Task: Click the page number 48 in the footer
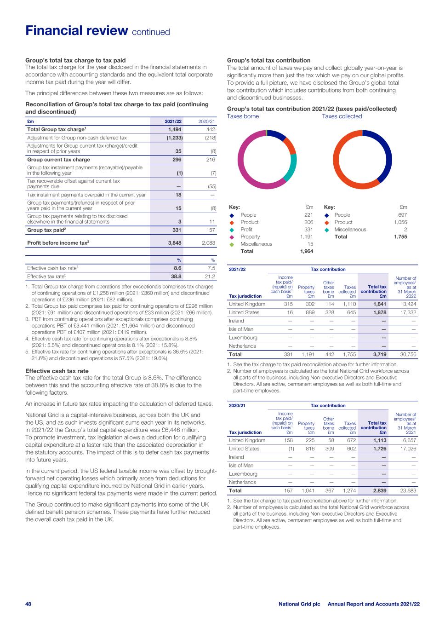[x=28, y=604]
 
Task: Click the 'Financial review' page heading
[x=76, y=31]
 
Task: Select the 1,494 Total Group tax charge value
[x=175, y=130]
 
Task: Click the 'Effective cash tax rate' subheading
[x=57, y=371]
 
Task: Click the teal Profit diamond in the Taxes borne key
[x=232, y=230]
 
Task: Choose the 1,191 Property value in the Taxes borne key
[x=306, y=237]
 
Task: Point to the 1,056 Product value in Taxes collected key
[x=400, y=222]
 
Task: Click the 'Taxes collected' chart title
[x=342, y=116]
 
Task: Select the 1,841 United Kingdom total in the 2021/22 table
[x=378, y=304]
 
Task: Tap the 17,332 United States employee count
[x=407, y=312]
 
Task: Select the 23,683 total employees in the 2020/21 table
[x=407, y=490]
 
